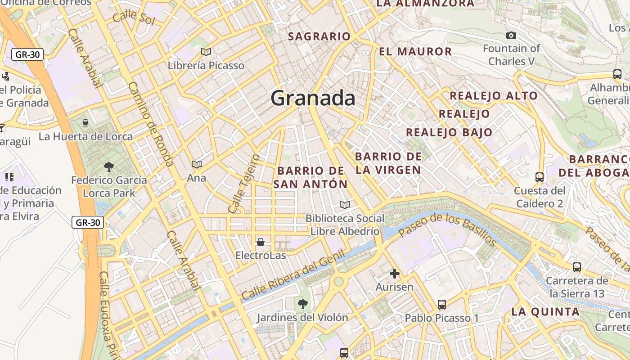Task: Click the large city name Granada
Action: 313,98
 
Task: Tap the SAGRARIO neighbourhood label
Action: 319,36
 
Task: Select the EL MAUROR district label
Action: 415,51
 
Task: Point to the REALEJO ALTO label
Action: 494,95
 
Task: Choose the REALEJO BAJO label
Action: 449,132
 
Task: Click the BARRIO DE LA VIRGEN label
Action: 388,163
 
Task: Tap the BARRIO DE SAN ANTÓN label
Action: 310,177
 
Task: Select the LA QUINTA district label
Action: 545,311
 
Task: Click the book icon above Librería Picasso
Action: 206,52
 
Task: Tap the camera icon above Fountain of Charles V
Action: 511,35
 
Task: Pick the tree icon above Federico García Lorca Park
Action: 109,167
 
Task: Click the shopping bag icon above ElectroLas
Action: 260,243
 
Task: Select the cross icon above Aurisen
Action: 395,273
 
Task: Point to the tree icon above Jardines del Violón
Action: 303,304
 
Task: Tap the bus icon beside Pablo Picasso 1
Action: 442,305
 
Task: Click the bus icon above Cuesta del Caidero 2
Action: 540,177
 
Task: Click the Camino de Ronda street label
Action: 150,124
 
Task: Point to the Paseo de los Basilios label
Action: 447,230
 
